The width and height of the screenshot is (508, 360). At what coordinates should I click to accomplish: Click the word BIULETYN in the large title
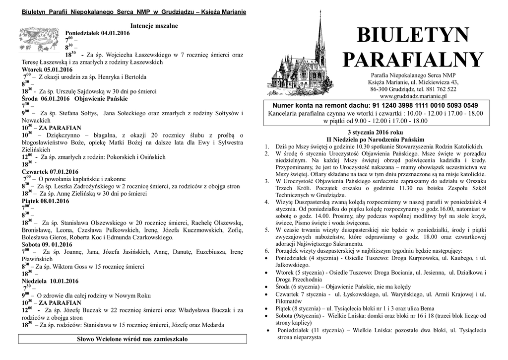412,36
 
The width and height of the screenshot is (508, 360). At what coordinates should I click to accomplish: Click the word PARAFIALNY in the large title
412,60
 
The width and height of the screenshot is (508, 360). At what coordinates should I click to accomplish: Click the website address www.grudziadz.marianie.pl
413,96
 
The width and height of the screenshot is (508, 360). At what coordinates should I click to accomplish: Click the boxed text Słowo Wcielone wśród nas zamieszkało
132,339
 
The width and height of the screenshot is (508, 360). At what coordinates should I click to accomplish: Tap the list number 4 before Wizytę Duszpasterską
266,203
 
